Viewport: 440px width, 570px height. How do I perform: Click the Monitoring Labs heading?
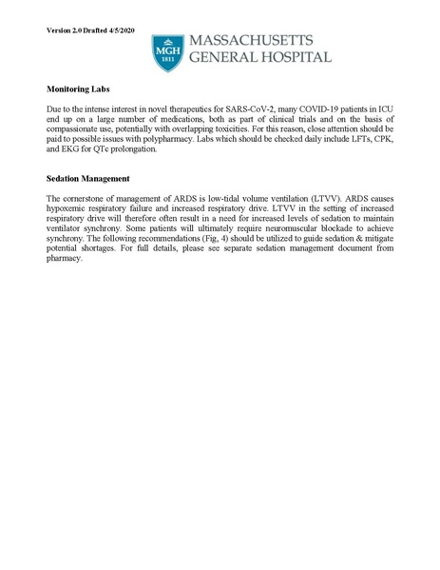click(79, 88)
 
